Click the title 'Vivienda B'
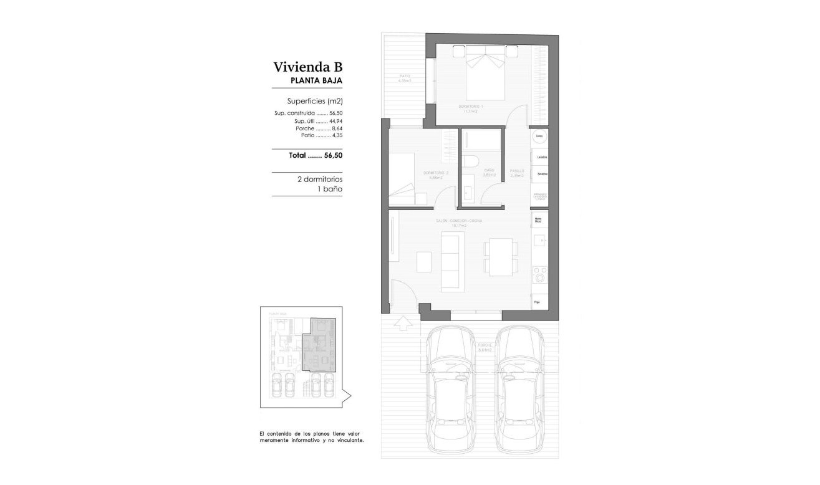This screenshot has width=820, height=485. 307,67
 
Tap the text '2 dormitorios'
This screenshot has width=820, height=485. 320,178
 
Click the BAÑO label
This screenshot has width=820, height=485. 488,170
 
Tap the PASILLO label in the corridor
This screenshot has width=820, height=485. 516,170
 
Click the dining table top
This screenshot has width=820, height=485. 501,257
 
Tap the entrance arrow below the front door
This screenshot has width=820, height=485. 403,323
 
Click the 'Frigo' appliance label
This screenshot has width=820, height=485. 537,302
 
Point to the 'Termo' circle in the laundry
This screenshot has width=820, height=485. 538,137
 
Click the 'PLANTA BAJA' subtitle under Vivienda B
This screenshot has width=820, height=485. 317,81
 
